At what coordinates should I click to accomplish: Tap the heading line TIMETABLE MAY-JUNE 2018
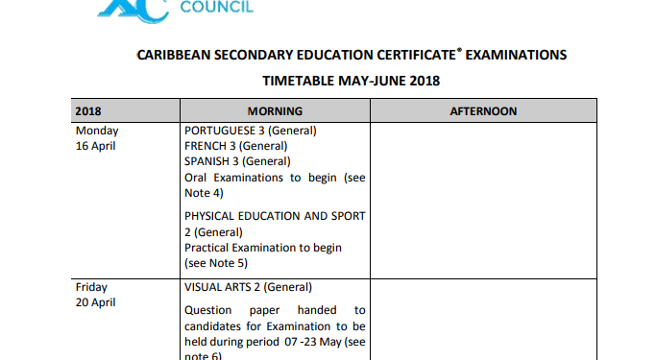click(x=351, y=81)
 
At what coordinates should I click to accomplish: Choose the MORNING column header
click(x=274, y=111)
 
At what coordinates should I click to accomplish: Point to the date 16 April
click(x=96, y=146)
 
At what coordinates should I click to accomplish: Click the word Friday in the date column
click(x=92, y=287)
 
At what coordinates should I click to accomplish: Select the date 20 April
click(x=96, y=302)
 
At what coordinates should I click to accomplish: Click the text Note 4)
click(x=204, y=193)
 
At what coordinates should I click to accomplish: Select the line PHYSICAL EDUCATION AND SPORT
click(x=275, y=217)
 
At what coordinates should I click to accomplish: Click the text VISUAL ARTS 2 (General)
click(x=248, y=287)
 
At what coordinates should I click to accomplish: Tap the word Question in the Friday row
click(x=209, y=310)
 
